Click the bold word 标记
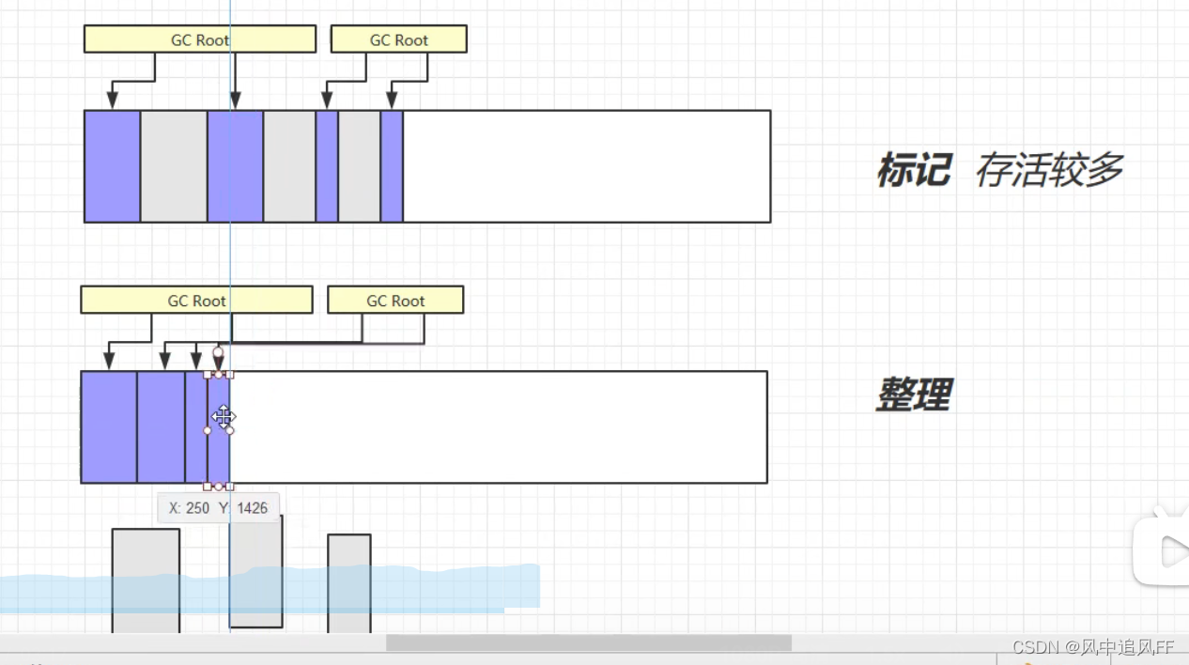tap(913, 171)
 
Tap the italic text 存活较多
tap(1049, 171)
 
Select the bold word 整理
tap(913, 395)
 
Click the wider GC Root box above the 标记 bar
tap(199, 39)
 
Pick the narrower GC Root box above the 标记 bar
tap(398, 39)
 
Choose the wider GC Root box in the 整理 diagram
tap(196, 301)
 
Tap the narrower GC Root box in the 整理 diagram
tap(394, 301)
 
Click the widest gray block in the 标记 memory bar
tap(174, 166)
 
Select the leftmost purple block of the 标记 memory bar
tap(113, 166)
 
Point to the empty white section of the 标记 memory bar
tap(586, 166)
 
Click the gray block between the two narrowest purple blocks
tap(359, 166)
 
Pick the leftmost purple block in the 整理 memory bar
tap(109, 427)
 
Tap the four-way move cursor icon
tap(223, 416)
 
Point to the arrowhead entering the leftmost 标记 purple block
tap(113, 100)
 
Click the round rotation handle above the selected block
tap(218, 353)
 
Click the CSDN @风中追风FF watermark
tap(1093, 647)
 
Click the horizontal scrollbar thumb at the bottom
tap(589, 642)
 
